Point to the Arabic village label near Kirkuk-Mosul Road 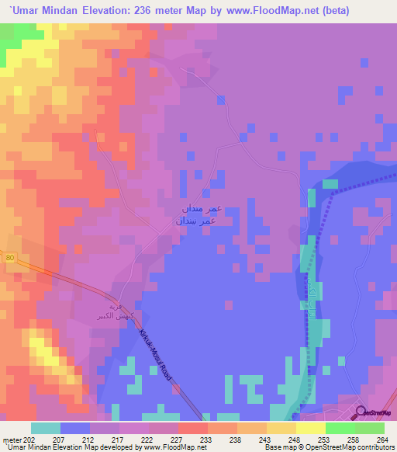pyautogui.click(x=123, y=310)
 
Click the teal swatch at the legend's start pyautogui.click(x=46, y=428)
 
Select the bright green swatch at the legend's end pyautogui.click(x=369, y=428)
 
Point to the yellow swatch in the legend pyautogui.click(x=310, y=428)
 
